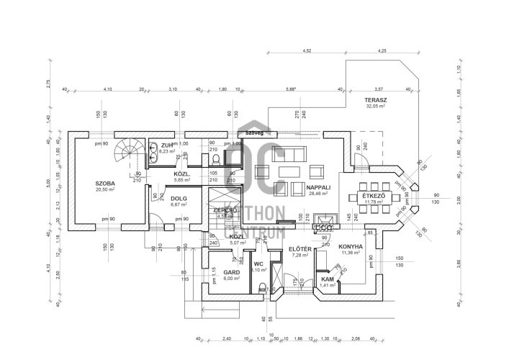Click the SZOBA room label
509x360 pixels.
pyautogui.click(x=105, y=184)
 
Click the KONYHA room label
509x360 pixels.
pyautogui.click(x=350, y=246)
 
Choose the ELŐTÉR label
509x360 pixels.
pyautogui.click(x=300, y=248)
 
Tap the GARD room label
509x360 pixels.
pyautogui.click(x=211, y=272)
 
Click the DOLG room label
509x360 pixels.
pyautogui.click(x=178, y=198)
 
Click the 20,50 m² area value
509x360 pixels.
pyautogui.click(x=105, y=190)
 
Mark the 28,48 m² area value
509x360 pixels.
pyautogui.click(x=317, y=193)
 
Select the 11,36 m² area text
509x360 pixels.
pyautogui.click(x=350, y=253)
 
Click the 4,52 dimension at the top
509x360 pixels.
pyautogui.click(x=307, y=51)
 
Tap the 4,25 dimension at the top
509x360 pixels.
pyautogui.click(x=382, y=51)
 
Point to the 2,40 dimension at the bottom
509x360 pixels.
pyautogui.click(x=226, y=338)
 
